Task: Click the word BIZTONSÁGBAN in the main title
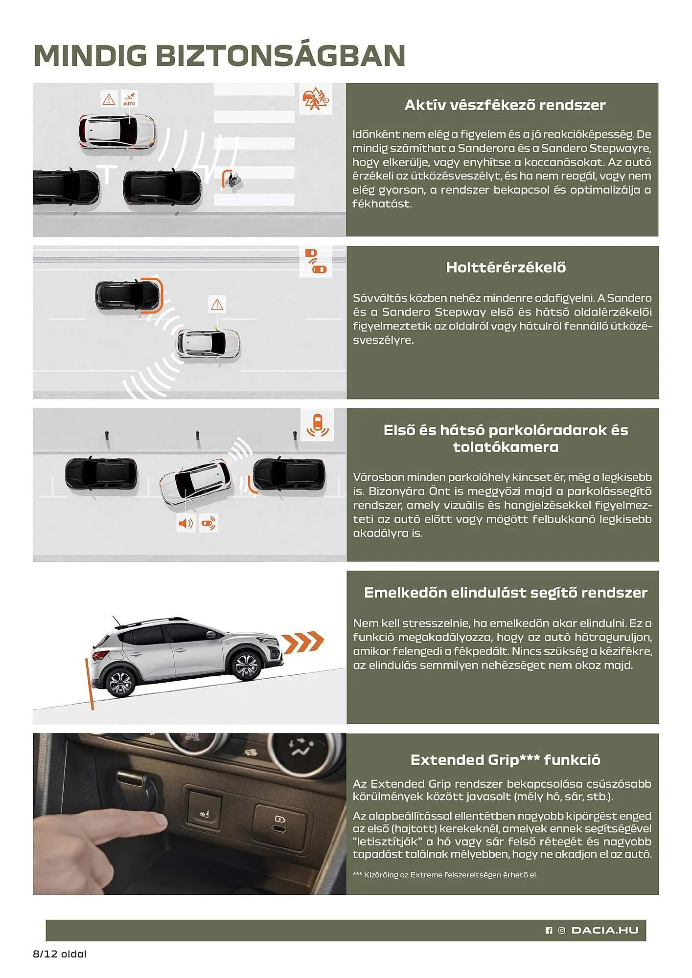coord(280,55)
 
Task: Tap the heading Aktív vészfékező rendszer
coord(505,105)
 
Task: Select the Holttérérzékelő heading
coord(506,267)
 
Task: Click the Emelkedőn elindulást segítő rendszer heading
coord(505,593)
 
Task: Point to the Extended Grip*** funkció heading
coord(505,760)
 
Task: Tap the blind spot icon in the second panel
coord(316,261)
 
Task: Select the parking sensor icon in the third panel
coord(317,424)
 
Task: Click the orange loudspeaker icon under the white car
coord(185,523)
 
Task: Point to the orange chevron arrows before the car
coord(303,642)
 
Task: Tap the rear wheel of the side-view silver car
coord(119,682)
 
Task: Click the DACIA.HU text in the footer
coord(605,930)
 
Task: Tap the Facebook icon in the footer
coord(549,931)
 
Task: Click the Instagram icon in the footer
coord(561,931)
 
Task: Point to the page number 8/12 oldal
coord(60,954)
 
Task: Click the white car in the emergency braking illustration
coord(117,132)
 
